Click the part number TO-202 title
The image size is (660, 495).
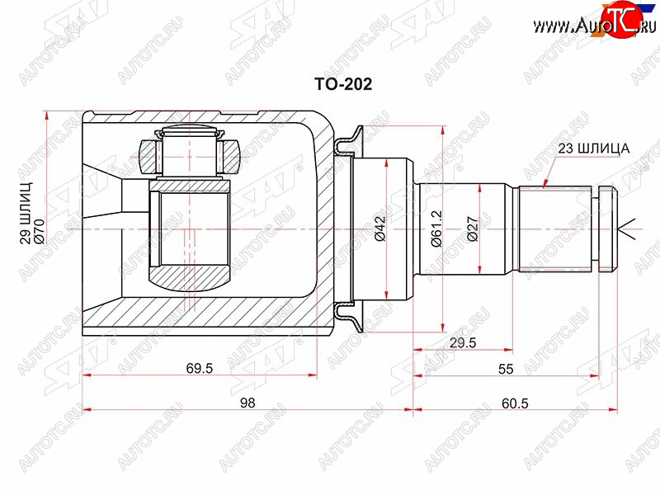(343, 85)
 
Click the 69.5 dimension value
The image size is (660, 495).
(200, 368)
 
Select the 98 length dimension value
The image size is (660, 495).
(247, 403)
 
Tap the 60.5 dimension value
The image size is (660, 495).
(515, 403)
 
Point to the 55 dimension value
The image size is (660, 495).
(506, 369)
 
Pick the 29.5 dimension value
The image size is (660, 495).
(463, 342)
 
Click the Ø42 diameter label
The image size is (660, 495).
(379, 229)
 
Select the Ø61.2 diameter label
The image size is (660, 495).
(436, 229)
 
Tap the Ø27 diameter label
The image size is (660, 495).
(473, 229)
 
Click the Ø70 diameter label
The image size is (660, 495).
(39, 232)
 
